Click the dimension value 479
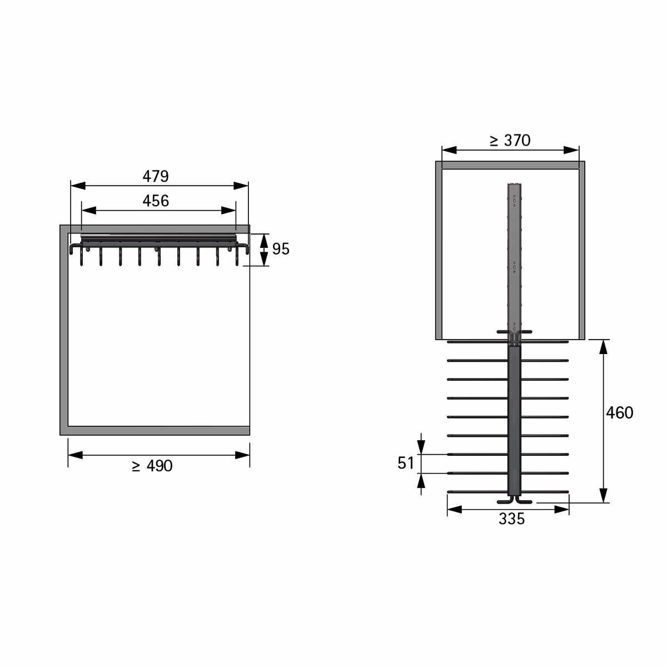(156, 176)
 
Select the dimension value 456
(156, 201)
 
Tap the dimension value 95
(280, 249)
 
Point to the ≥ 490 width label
(152, 466)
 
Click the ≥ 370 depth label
(510, 141)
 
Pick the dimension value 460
(619, 412)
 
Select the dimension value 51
(406, 463)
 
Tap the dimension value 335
(511, 519)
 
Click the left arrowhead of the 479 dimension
(78, 186)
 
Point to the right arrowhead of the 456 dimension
(228, 211)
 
